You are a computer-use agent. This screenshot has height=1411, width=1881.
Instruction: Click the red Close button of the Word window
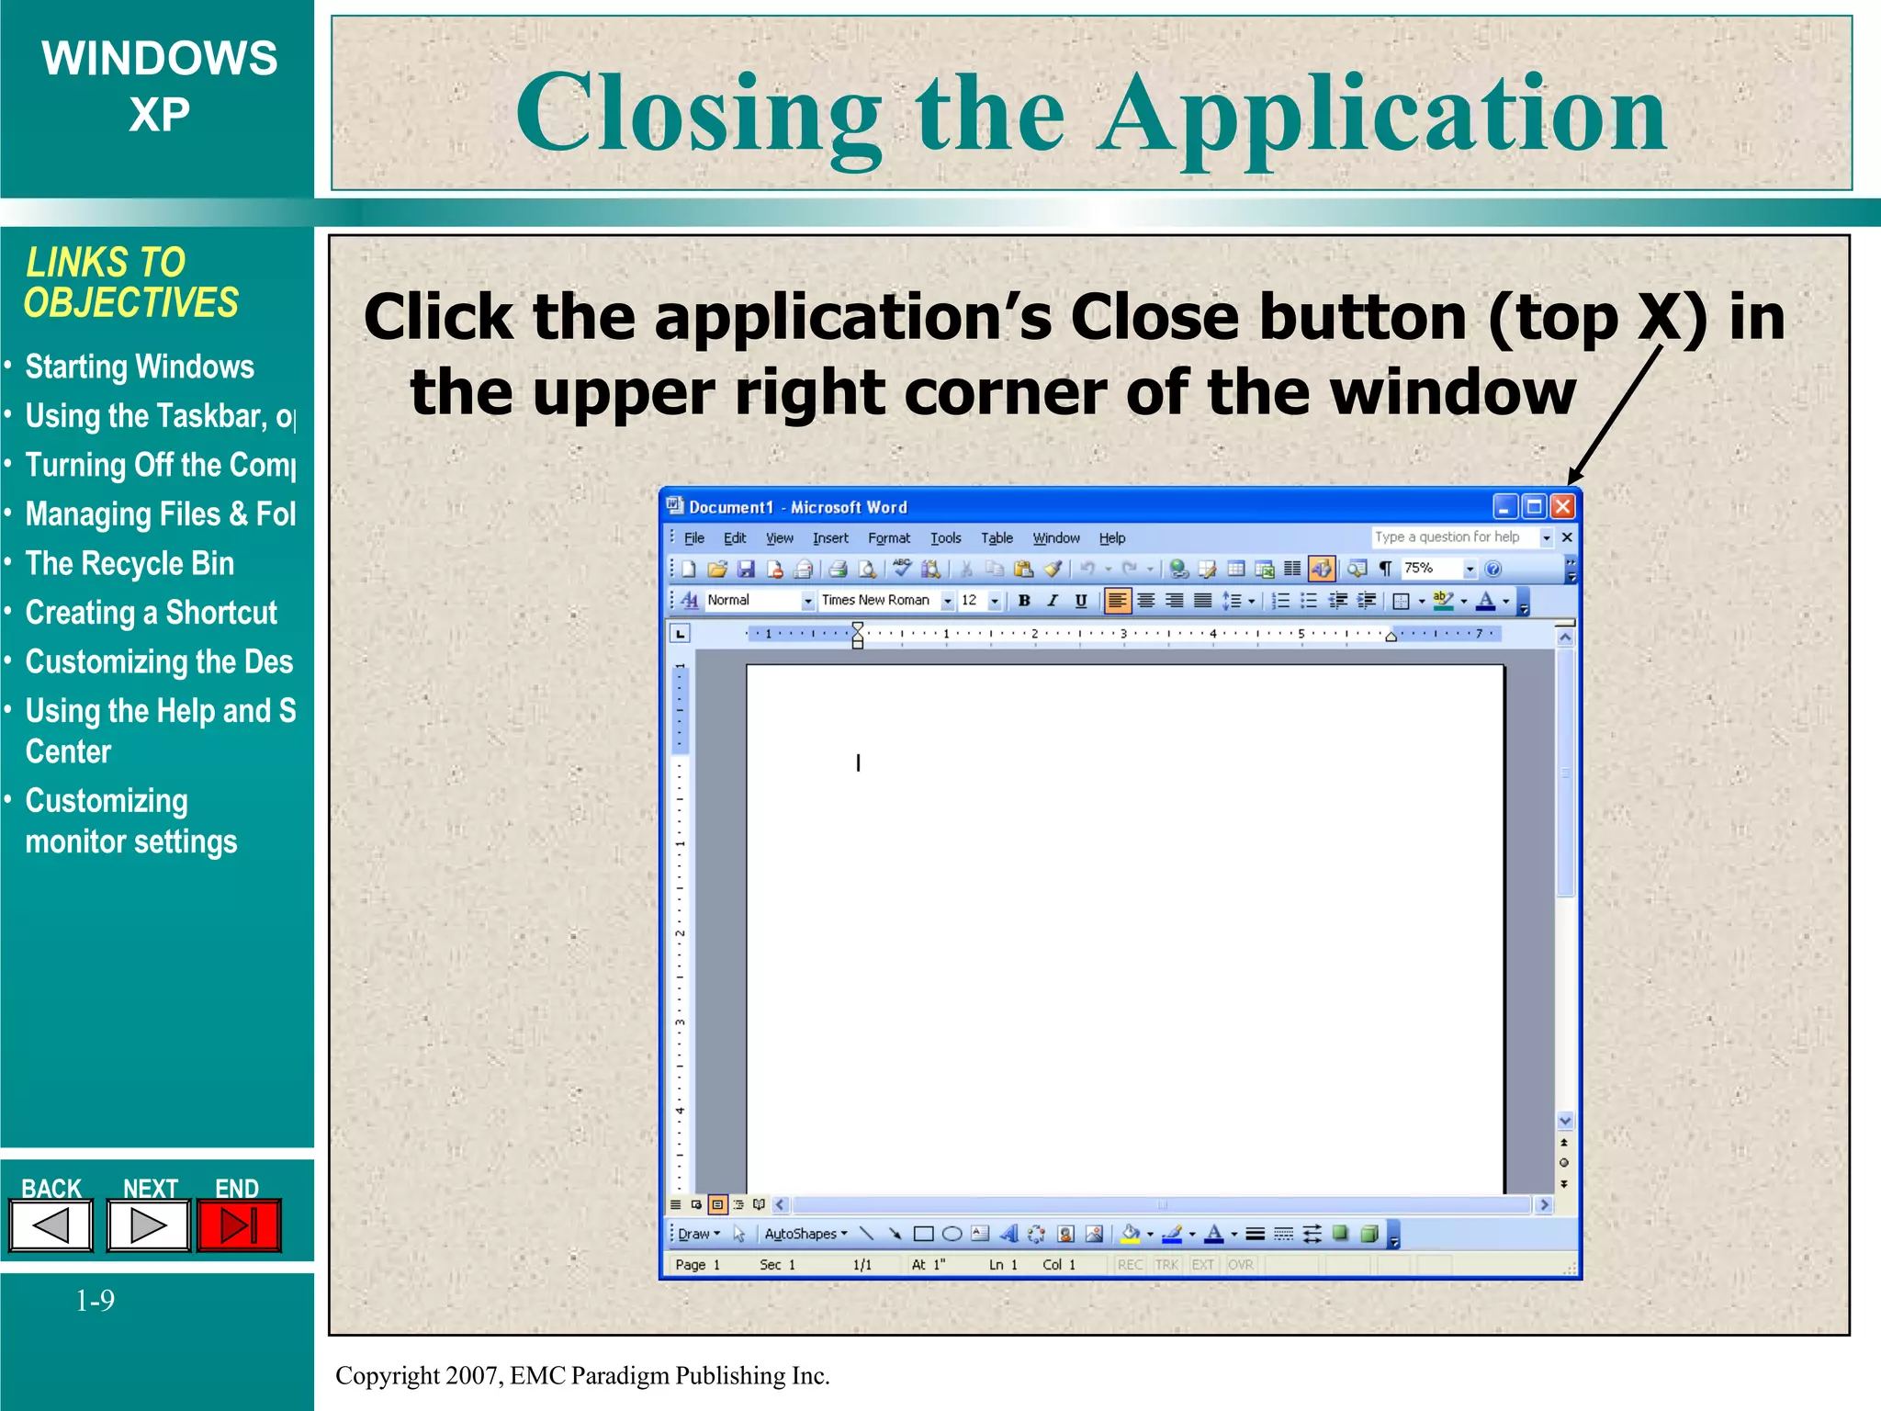click(1562, 506)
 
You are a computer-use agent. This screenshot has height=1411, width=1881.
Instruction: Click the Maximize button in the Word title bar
click(1534, 506)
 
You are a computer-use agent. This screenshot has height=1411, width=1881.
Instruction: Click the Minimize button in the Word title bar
click(1504, 506)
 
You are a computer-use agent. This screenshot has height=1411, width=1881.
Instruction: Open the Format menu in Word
click(888, 538)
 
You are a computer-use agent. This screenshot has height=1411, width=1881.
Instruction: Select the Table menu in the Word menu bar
click(997, 538)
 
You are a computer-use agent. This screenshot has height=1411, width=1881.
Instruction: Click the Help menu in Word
click(1111, 538)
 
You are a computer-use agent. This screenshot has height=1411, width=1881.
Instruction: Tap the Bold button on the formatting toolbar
click(1024, 601)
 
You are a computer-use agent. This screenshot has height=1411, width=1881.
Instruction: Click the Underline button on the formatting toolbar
click(1081, 601)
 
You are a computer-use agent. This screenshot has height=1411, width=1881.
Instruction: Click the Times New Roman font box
click(877, 601)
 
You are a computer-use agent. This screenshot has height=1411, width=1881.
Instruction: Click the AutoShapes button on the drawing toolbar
click(805, 1234)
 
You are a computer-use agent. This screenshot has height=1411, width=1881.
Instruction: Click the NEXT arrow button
click(148, 1225)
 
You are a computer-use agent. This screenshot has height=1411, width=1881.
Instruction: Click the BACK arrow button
click(51, 1225)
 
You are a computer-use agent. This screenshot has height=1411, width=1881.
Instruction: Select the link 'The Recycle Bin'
click(130, 563)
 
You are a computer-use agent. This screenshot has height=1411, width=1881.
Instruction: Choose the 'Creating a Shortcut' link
click(151, 613)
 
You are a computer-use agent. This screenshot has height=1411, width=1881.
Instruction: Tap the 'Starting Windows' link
click(140, 367)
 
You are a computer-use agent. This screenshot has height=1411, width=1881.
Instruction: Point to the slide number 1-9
click(95, 1301)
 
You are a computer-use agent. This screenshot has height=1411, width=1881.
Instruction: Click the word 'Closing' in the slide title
click(698, 115)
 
